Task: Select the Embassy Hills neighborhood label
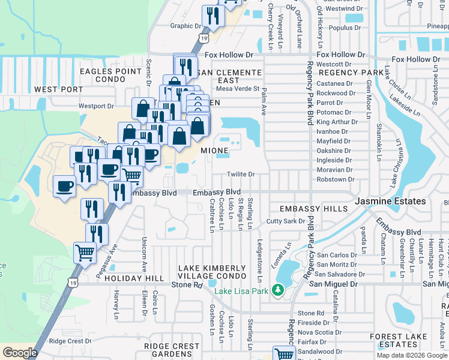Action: pyautogui.click(x=314, y=208)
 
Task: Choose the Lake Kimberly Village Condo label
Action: pyautogui.click(x=212, y=271)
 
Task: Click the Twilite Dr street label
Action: pyautogui.click(x=241, y=174)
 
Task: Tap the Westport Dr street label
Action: pyautogui.click(x=96, y=106)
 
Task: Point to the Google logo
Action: pyautogui.click(x=20, y=353)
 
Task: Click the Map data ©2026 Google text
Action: pyautogui.click(x=411, y=355)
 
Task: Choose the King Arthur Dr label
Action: pyautogui.click(x=337, y=122)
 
